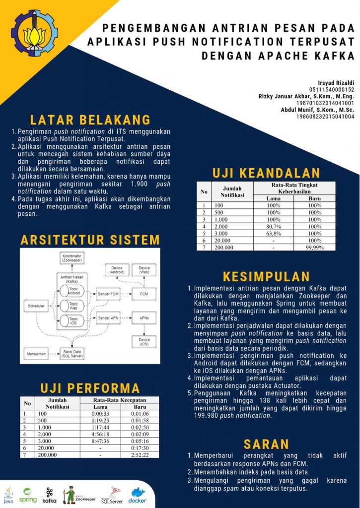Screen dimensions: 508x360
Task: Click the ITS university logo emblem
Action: tap(34, 33)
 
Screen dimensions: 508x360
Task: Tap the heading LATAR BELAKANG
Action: tap(90, 120)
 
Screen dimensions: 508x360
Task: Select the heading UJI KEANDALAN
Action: tap(266, 173)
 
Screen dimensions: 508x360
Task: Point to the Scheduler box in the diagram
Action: tap(36, 306)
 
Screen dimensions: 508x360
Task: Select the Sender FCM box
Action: tap(108, 293)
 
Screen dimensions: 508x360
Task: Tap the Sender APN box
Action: tap(108, 317)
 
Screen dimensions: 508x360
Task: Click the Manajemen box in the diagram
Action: tap(36, 354)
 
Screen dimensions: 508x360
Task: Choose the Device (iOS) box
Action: tap(144, 341)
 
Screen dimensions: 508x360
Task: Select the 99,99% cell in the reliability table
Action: tap(314, 247)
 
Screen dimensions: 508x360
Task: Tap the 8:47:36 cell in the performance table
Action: tap(100, 441)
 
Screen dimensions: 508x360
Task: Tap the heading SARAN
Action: tap(266, 444)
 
